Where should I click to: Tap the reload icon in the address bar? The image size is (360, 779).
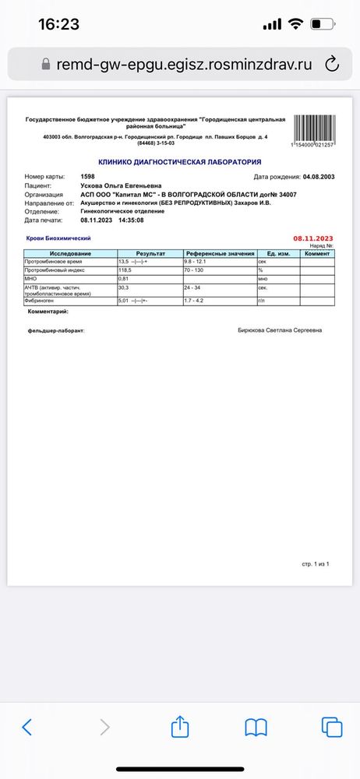[331, 62]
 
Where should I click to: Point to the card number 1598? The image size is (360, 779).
[87, 177]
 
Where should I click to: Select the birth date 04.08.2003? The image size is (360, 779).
[318, 177]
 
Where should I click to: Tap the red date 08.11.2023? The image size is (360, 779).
[313, 238]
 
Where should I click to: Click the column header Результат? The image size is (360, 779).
[150, 254]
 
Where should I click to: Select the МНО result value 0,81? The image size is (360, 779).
[123, 278]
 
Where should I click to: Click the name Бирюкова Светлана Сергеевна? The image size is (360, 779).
[280, 330]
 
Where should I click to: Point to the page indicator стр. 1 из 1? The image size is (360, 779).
[316, 562]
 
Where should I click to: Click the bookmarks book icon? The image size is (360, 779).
[256, 728]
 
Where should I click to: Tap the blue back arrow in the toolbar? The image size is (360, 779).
[27, 728]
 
